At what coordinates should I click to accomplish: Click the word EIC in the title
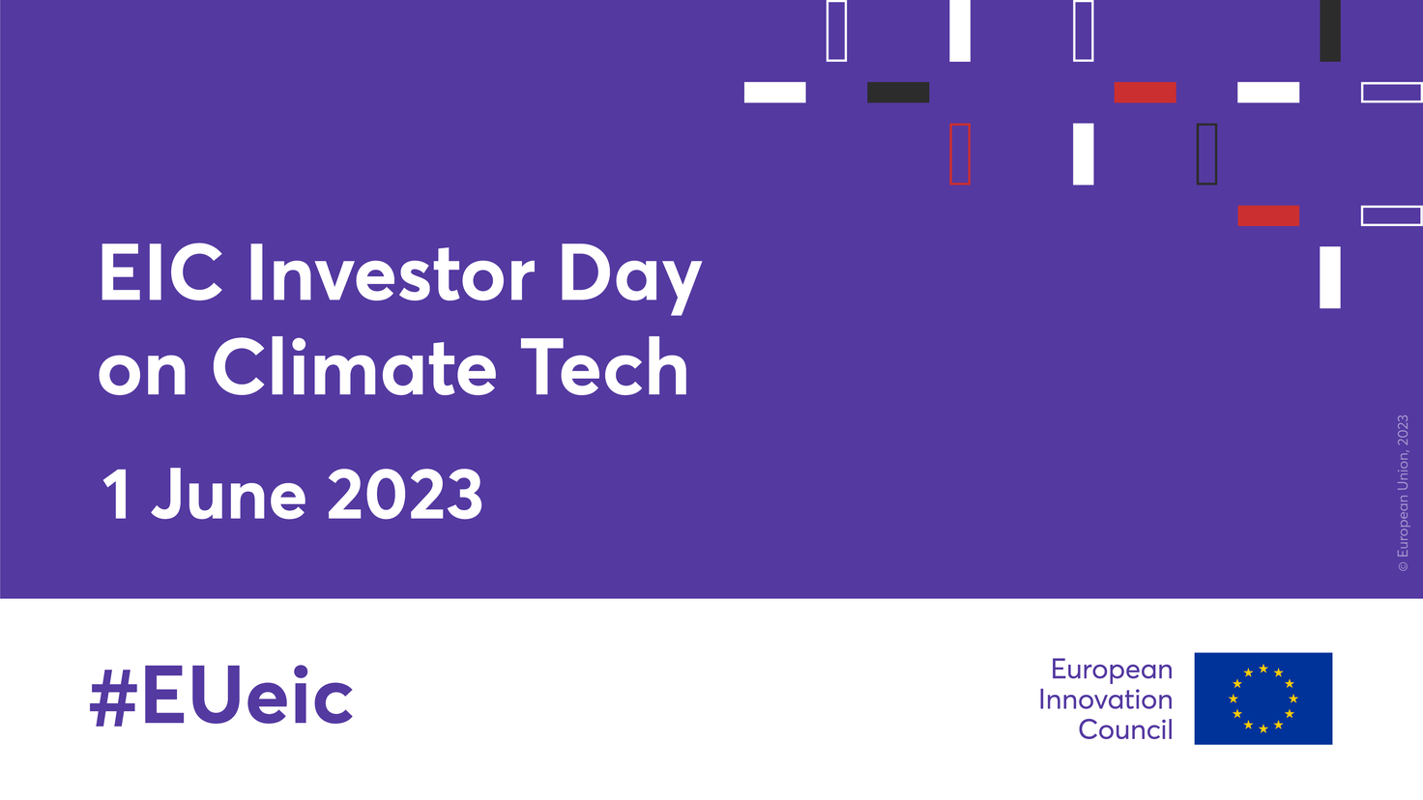coord(160,273)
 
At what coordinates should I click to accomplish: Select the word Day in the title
coord(630,279)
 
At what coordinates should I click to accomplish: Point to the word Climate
coord(353,367)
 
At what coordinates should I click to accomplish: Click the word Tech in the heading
coord(604,367)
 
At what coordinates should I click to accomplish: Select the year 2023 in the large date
coord(405,494)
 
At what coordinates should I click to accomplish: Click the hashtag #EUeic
coord(221,696)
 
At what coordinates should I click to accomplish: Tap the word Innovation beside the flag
coord(1105,700)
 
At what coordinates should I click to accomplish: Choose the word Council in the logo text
coord(1125,730)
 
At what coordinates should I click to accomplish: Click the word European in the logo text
coord(1112,671)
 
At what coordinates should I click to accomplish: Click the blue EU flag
coord(1263,699)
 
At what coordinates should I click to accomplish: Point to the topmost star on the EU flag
coord(1263,669)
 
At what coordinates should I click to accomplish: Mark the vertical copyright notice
coord(1403,493)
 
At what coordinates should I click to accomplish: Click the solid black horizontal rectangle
coord(898,92)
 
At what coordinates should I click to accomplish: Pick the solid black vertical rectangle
coord(1329,31)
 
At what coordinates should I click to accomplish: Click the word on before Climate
coord(142,376)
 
